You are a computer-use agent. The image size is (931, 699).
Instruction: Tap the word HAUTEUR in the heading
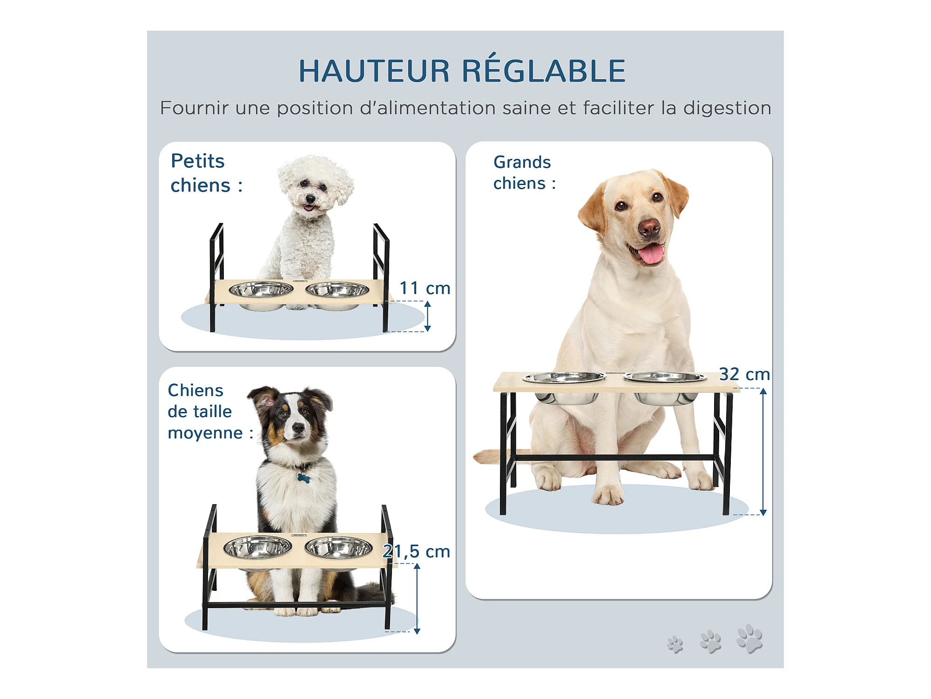[374, 71]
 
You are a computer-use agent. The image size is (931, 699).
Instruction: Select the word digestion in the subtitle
[727, 109]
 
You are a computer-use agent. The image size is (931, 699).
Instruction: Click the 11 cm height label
[425, 288]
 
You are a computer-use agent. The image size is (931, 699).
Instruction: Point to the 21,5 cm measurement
[417, 551]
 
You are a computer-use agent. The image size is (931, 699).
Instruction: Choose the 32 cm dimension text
[744, 374]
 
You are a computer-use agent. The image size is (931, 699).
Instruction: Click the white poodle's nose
[310, 199]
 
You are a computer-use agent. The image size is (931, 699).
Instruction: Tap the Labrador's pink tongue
[651, 254]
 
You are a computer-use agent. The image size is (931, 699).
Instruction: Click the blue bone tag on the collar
[304, 478]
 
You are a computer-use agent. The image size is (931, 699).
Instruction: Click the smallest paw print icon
[675, 644]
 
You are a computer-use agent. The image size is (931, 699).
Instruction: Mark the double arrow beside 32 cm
[763, 452]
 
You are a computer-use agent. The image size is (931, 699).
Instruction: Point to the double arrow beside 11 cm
[427, 316]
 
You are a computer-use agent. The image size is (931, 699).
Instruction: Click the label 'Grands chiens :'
[524, 172]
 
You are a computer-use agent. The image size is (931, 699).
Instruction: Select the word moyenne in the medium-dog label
[205, 433]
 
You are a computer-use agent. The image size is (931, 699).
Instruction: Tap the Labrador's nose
[649, 228]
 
